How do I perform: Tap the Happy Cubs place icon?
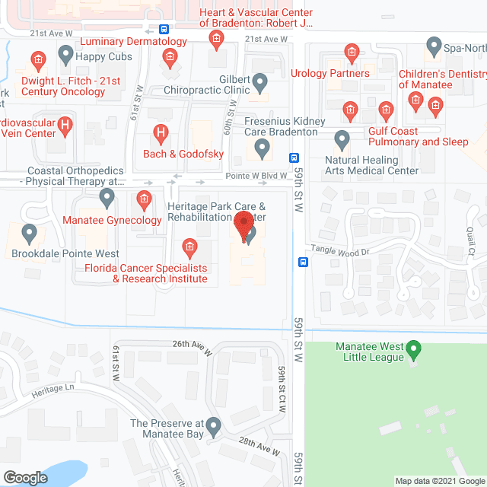[x=65, y=55]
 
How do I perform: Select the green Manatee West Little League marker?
[x=414, y=351]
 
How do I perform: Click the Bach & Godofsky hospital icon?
[x=161, y=135]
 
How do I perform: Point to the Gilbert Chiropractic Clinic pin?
[x=260, y=81]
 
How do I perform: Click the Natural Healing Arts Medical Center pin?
[x=342, y=140]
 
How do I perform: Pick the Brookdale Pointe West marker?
[x=30, y=233]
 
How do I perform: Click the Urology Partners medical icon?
[x=352, y=53]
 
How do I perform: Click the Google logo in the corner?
[x=24, y=477]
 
